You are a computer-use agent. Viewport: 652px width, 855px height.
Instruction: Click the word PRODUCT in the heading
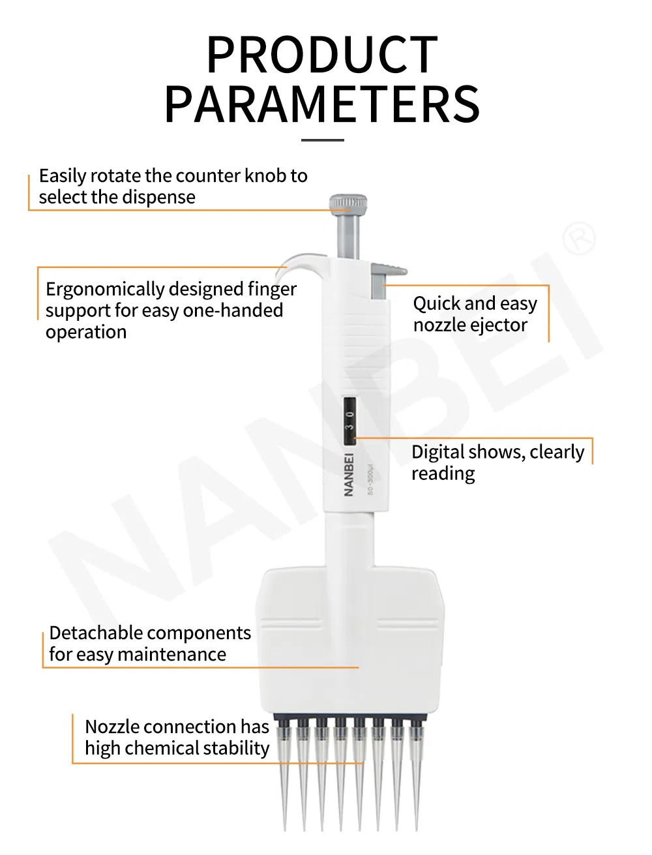click(322, 55)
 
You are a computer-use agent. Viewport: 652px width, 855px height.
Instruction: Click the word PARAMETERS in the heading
click(322, 104)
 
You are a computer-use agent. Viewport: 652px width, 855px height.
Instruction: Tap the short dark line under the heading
click(323, 140)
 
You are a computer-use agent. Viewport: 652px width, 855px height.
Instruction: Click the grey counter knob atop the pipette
click(348, 203)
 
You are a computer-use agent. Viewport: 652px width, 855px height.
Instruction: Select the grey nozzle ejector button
click(389, 269)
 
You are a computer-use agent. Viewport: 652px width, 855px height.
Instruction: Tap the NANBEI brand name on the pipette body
click(348, 474)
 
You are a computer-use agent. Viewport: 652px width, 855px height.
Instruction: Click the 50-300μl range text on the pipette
click(370, 479)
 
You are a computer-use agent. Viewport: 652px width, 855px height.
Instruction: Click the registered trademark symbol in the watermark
click(578, 239)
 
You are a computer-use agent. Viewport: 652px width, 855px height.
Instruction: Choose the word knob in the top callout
click(265, 176)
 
